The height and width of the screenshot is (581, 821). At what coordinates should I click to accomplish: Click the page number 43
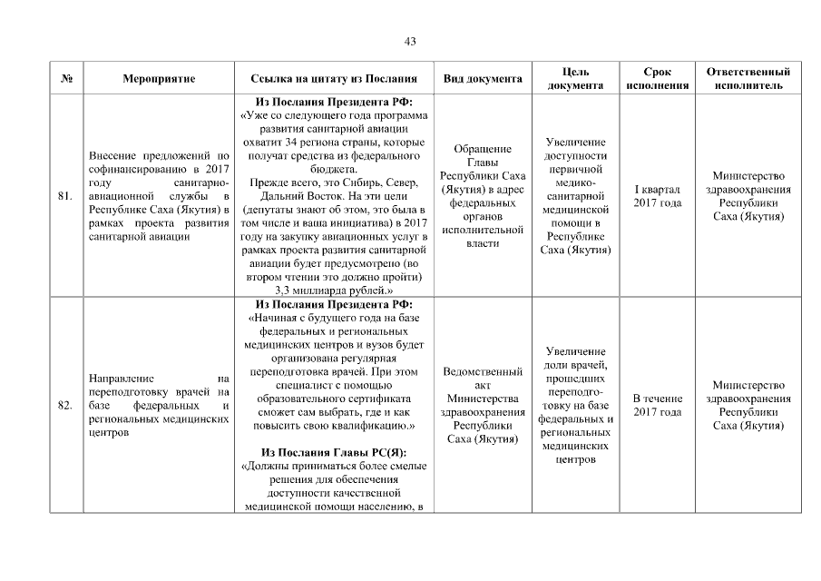pos(410,42)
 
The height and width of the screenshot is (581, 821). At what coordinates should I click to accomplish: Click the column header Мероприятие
pos(159,79)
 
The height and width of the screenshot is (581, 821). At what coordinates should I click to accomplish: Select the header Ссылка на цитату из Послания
pos(334,79)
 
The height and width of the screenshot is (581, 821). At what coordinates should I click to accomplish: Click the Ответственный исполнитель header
pos(748,79)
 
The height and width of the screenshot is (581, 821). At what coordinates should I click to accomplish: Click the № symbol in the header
pos(66,79)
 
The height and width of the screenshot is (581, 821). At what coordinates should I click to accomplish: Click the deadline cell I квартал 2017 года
pos(657,195)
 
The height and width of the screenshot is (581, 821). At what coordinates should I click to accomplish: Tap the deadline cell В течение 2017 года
pos(657,405)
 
